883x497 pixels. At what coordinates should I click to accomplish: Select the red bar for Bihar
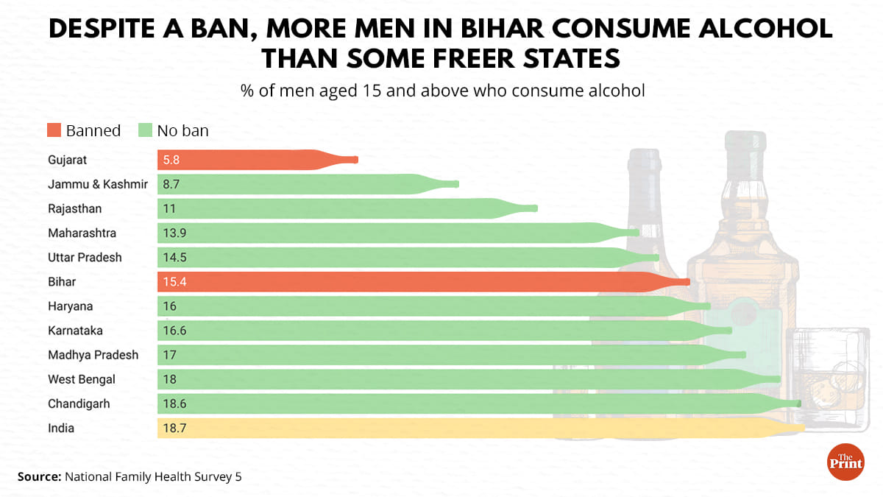tap(412, 282)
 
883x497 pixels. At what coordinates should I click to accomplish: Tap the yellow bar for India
tap(471, 428)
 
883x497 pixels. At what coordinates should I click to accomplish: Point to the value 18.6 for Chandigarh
tap(175, 403)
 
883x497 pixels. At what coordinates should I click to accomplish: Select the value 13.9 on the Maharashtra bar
tap(175, 233)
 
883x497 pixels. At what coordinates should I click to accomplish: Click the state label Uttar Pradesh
tap(85, 258)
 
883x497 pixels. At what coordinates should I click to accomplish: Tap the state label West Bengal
tap(82, 379)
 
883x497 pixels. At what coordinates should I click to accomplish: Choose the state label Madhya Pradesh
tap(93, 355)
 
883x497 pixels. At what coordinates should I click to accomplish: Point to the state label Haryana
tap(71, 306)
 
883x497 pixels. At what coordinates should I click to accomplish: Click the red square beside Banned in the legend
tap(54, 131)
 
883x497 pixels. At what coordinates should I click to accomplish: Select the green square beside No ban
tap(144, 131)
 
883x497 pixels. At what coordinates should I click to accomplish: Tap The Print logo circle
tap(845, 462)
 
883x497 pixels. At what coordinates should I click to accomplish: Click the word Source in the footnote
tap(39, 477)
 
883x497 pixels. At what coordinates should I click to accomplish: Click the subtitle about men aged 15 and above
tap(442, 91)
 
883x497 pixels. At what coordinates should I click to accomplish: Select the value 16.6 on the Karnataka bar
tap(175, 331)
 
